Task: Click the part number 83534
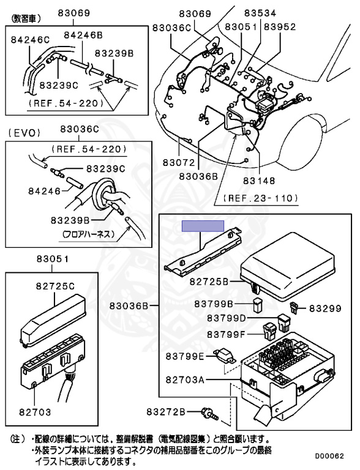(x=260, y=13)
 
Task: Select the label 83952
(x=280, y=27)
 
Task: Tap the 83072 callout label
(x=179, y=162)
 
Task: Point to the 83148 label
(x=259, y=181)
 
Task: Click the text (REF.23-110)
(x=261, y=198)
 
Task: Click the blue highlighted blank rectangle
(x=203, y=226)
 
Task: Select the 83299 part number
(x=325, y=308)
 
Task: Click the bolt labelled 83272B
(x=210, y=413)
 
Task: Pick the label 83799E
(x=185, y=356)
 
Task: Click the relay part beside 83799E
(x=225, y=356)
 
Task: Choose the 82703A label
(x=185, y=380)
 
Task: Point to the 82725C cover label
(x=55, y=286)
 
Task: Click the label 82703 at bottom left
(x=35, y=412)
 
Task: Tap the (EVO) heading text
(x=24, y=133)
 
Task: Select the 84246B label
(x=83, y=35)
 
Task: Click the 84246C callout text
(x=30, y=40)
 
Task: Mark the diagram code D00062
(x=329, y=456)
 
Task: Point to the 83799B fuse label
(x=214, y=304)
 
